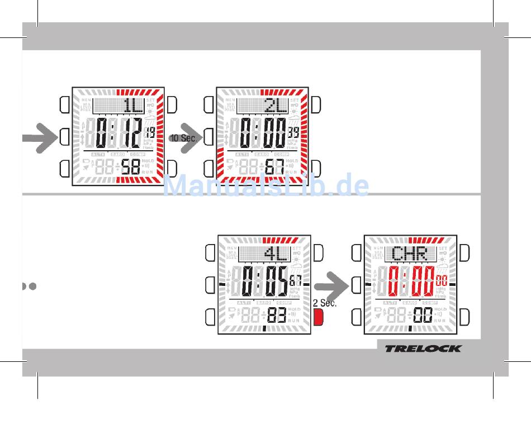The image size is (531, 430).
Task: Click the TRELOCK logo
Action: (x=423, y=348)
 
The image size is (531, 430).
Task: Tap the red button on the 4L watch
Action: (x=319, y=318)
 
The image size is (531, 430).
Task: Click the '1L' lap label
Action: (x=133, y=105)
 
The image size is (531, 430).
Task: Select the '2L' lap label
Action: (x=276, y=105)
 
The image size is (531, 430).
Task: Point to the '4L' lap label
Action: (x=275, y=255)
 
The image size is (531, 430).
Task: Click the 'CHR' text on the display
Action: (x=409, y=255)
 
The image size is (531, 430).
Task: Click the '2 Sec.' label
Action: (x=325, y=303)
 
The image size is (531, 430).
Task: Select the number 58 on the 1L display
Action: (x=131, y=166)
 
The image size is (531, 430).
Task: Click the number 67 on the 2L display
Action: (x=274, y=166)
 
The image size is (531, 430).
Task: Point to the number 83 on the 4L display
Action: (x=277, y=316)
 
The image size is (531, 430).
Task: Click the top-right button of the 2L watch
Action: (x=316, y=104)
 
